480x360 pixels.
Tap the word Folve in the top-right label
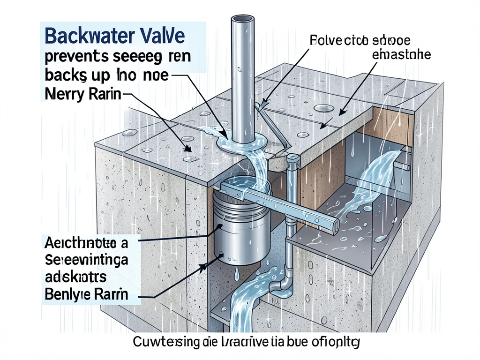point(324,40)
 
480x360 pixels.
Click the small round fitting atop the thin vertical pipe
point(293,159)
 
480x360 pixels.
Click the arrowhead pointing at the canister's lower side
point(204,267)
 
